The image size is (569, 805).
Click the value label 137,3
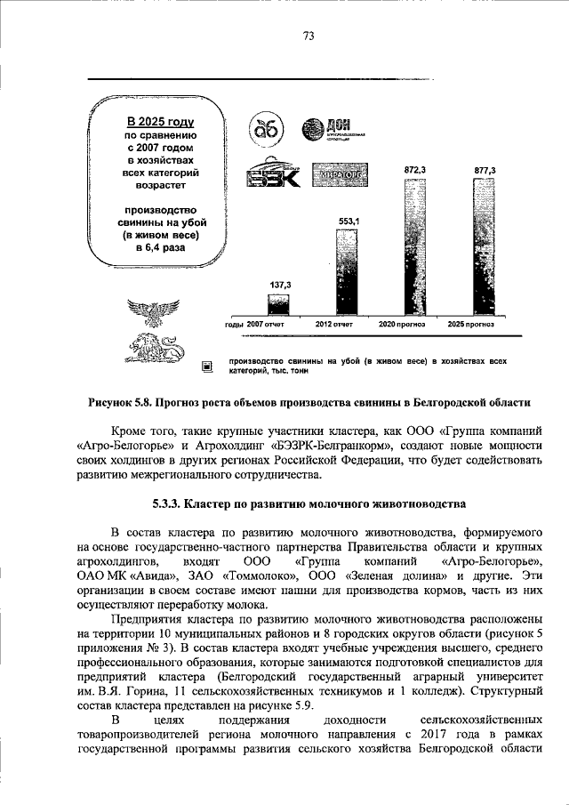(x=280, y=284)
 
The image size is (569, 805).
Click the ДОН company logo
(x=330, y=131)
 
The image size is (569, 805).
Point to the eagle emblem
(x=154, y=313)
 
